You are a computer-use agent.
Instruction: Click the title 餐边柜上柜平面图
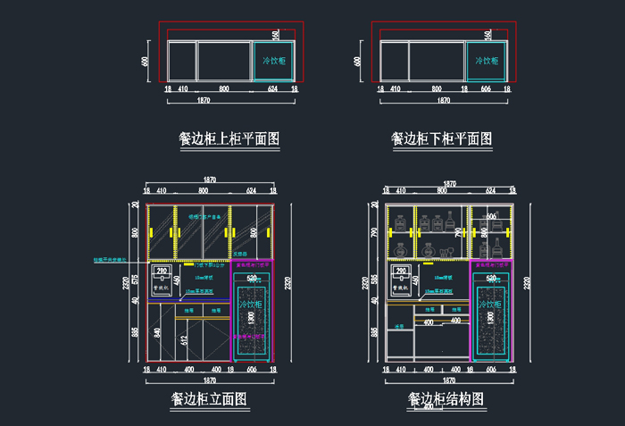pos(230,139)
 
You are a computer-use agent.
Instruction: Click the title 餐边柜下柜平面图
pos(442,139)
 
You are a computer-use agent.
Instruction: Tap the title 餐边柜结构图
pos(446,399)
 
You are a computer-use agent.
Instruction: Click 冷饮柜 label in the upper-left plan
pos(274,61)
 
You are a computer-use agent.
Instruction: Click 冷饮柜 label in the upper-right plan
pos(487,61)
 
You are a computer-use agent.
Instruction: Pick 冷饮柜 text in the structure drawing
pos(490,305)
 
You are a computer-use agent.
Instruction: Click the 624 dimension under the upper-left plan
pos(273,89)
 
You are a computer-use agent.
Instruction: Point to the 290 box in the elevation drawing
pos(162,271)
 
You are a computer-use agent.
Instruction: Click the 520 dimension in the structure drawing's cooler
pos(489,279)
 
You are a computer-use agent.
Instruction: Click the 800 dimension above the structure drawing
pos(442,191)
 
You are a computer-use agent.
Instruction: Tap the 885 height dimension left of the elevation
pos(135,332)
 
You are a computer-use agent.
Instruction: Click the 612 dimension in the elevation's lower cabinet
pos(184,338)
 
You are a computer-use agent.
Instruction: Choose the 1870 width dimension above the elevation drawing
pos(210,180)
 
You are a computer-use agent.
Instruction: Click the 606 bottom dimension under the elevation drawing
pos(253,369)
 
